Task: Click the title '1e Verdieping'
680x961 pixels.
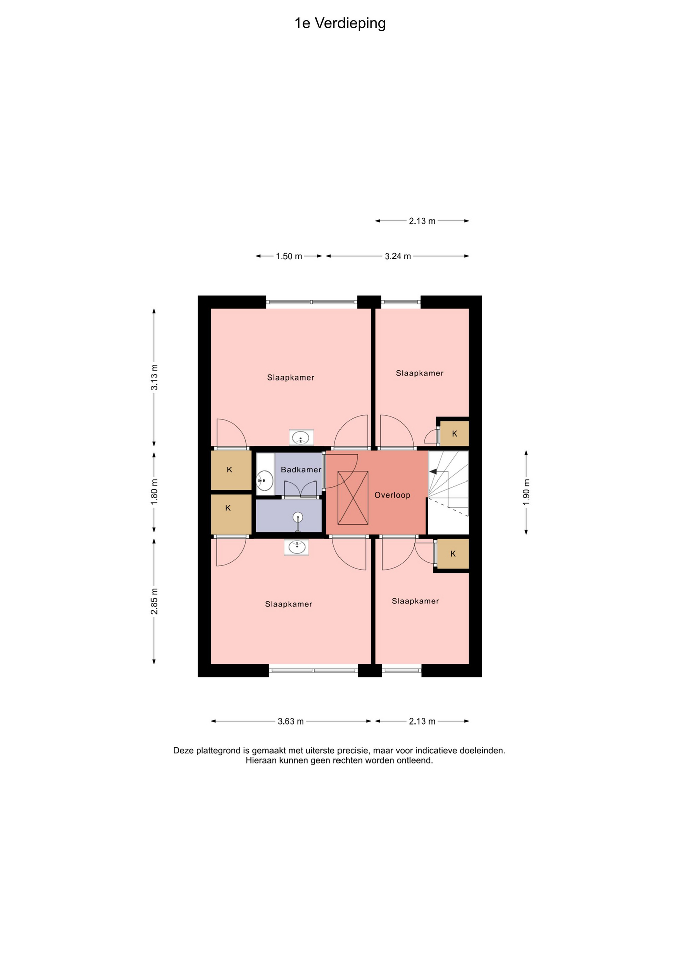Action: [x=340, y=24]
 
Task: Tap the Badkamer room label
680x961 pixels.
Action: [x=301, y=470]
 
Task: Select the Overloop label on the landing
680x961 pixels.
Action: [x=392, y=495]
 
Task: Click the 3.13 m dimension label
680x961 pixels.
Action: [x=154, y=378]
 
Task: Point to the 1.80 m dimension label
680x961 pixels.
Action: [x=154, y=492]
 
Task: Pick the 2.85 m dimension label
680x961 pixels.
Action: [x=154, y=602]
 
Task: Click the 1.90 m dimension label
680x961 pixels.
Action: [x=526, y=493]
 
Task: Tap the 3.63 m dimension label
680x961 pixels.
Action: [x=291, y=721]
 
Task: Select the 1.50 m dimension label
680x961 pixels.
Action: [x=289, y=256]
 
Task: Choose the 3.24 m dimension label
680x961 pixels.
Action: [x=398, y=256]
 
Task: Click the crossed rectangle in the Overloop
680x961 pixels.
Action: [x=353, y=498]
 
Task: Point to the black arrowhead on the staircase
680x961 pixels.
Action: [x=433, y=471]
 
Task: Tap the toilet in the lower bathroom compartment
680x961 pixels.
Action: [x=298, y=521]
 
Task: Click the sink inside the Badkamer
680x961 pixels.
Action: [x=265, y=480]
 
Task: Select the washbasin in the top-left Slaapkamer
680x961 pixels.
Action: [x=301, y=438]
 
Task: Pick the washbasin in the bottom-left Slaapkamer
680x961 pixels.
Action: [x=296, y=547]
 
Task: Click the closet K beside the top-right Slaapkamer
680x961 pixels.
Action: [x=454, y=434]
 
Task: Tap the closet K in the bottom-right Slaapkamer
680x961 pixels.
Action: [x=453, y=554]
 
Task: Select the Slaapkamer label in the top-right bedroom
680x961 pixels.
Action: [x=420, y=373]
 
